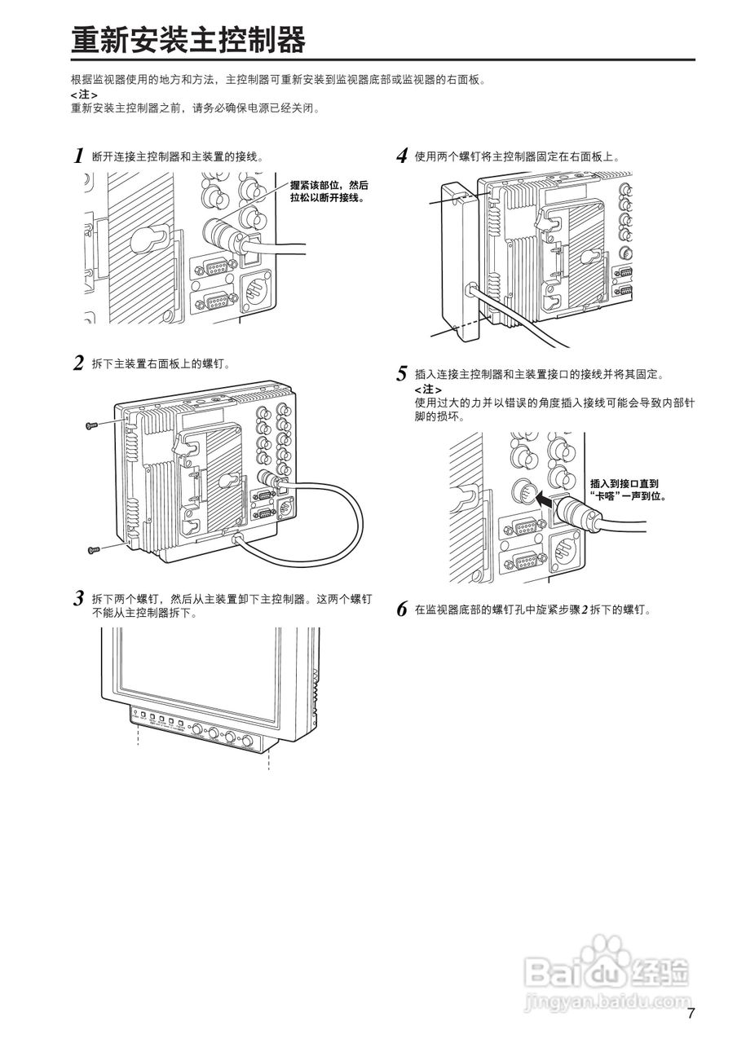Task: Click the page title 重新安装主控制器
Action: pos(188,39)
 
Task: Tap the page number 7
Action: pos(691,1014)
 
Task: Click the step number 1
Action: pos(79,156)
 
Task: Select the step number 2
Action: pos(79,363)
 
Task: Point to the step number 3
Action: pos(79,599)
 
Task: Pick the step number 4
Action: pos(402,156)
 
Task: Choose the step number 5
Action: pos(402,375)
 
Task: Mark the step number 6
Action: pos(402,610)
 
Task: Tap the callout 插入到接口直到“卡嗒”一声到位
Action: pos(624,489)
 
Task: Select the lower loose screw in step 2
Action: pos(93,551)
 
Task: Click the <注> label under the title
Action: pos(84,95)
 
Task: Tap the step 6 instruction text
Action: pos(533,610)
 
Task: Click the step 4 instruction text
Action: pos(517,156)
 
